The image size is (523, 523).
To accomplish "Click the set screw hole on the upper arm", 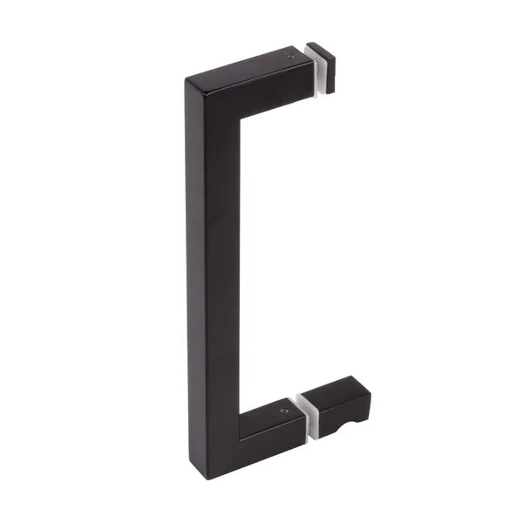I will (x=291, y=58).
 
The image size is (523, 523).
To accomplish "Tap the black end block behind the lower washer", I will (x=342, y=401).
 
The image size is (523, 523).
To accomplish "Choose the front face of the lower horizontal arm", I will (x=272, y=431).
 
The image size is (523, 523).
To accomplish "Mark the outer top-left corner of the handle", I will (x=187, y=80).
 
